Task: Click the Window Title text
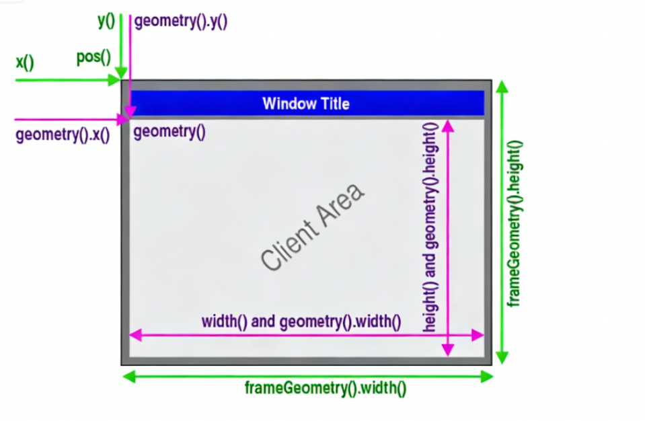pos(306,104)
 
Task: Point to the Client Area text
pos(313,226)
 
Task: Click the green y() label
pos(106,21)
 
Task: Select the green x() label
pos(25,63)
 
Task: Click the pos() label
pos(93,57)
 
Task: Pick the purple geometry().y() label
pos(182,22)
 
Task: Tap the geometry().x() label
pos(63,135)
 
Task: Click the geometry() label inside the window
pos(169,132)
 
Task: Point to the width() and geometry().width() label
pos(301,321)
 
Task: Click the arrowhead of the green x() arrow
pos(116,81)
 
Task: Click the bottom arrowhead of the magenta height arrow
pos(447,350)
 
